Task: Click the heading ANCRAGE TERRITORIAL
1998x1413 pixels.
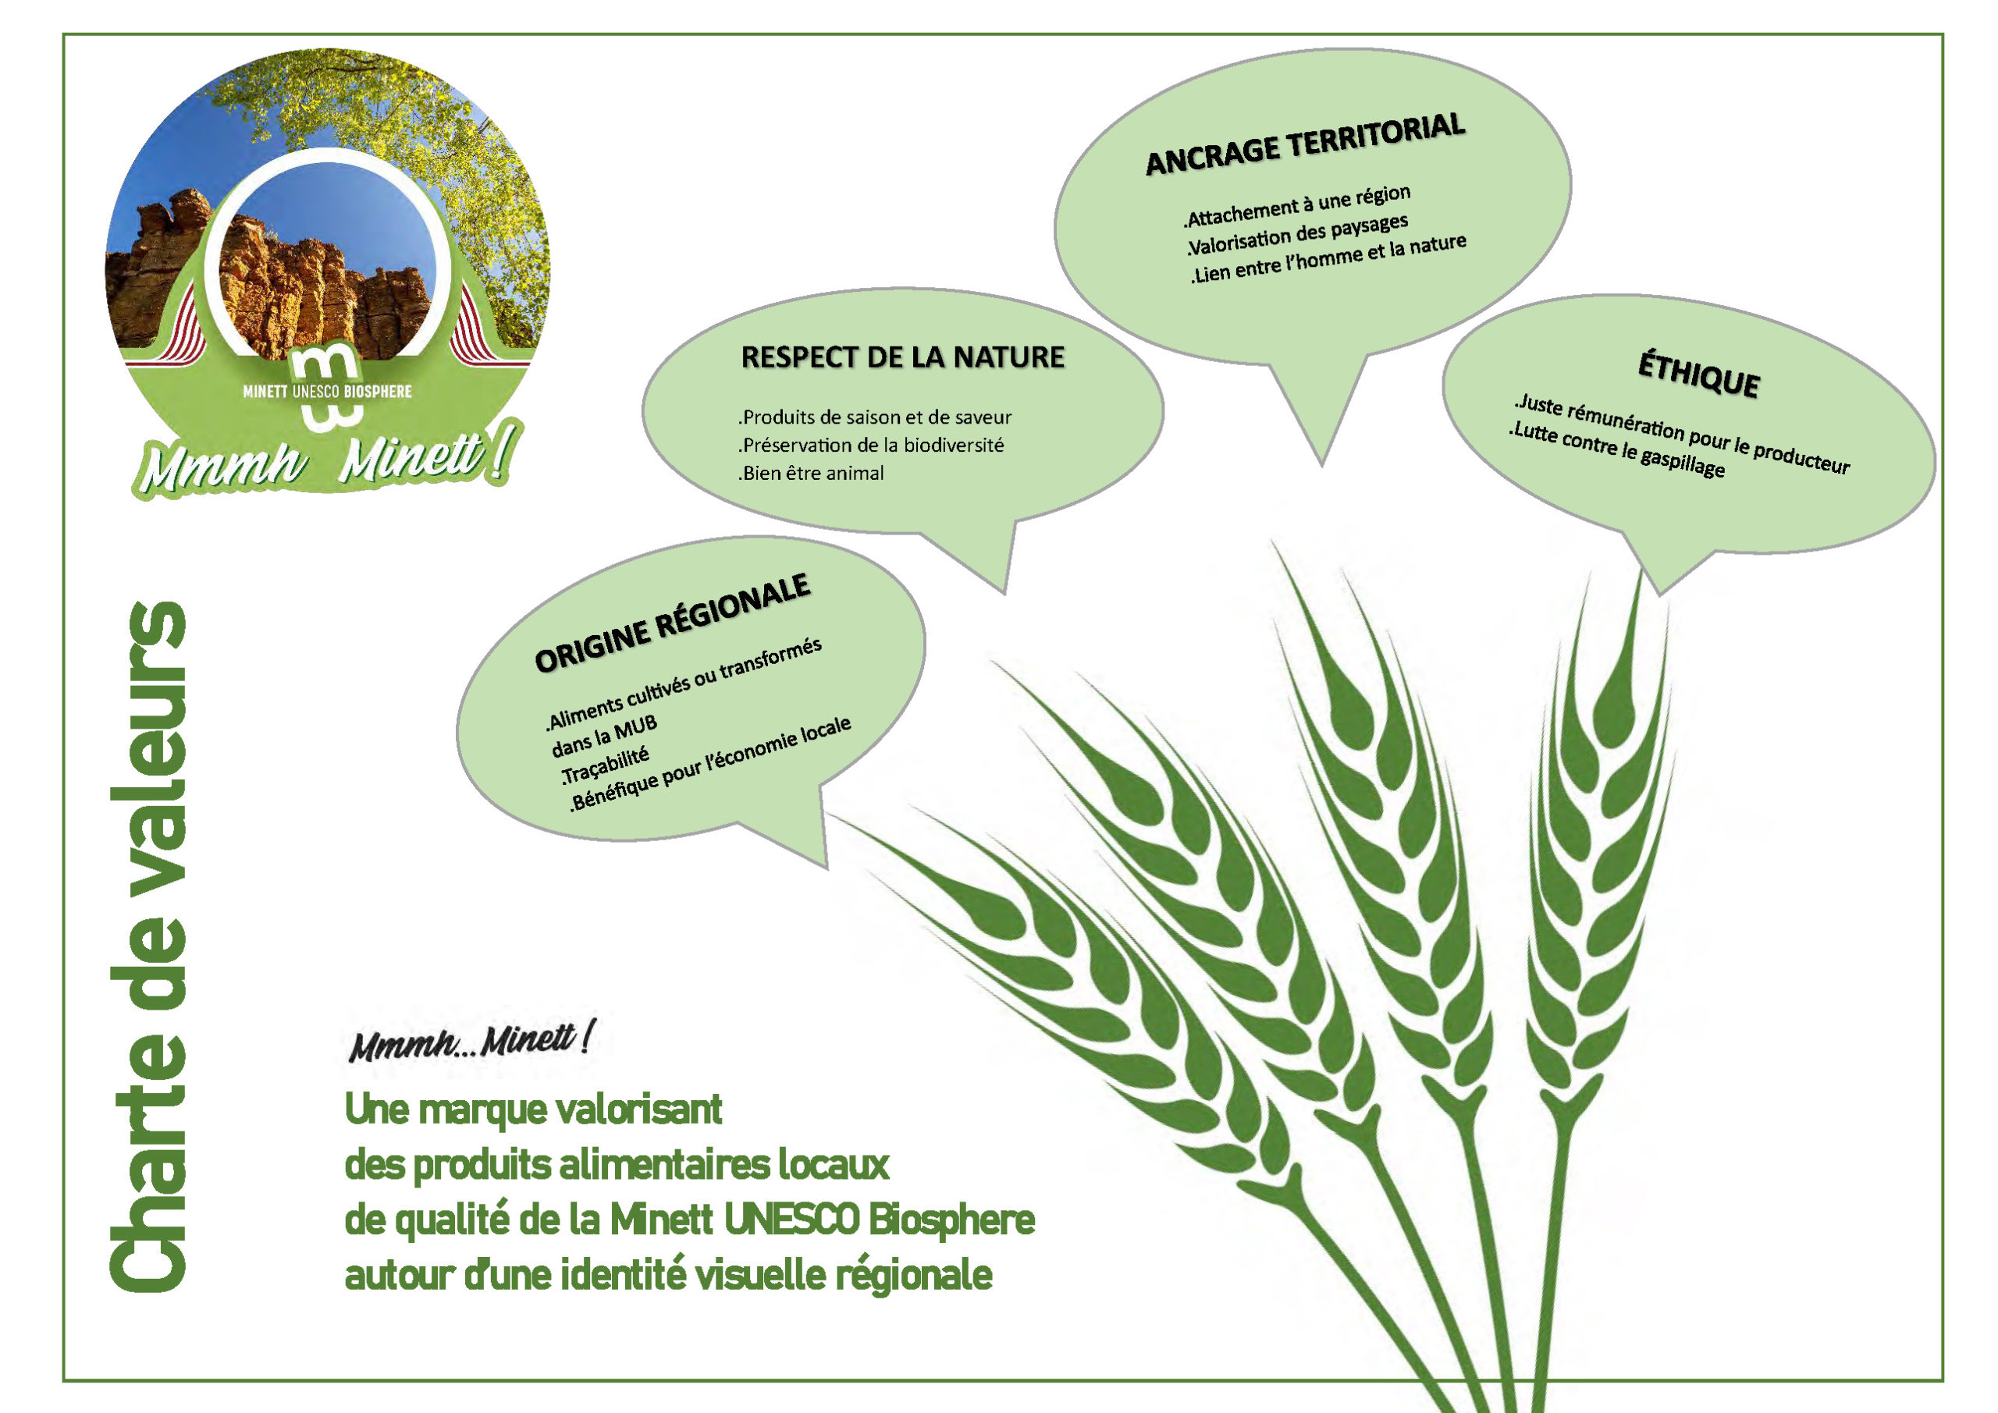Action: click(1305, 144)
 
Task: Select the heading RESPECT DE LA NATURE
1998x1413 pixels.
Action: click(902, 357)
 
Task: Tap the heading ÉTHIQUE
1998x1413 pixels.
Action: click(1698, 375)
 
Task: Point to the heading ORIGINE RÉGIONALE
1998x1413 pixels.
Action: click(673, 622)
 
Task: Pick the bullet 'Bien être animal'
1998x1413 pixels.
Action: click(811, 474)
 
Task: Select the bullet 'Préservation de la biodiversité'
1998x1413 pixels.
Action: click(871, 446)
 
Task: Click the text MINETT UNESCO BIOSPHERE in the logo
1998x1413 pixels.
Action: click(327, 392)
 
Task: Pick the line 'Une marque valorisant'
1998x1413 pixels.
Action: click(533, 1109)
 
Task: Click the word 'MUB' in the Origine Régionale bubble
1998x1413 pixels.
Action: click(635, 726)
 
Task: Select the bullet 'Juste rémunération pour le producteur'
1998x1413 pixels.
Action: click(1681, 435)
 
